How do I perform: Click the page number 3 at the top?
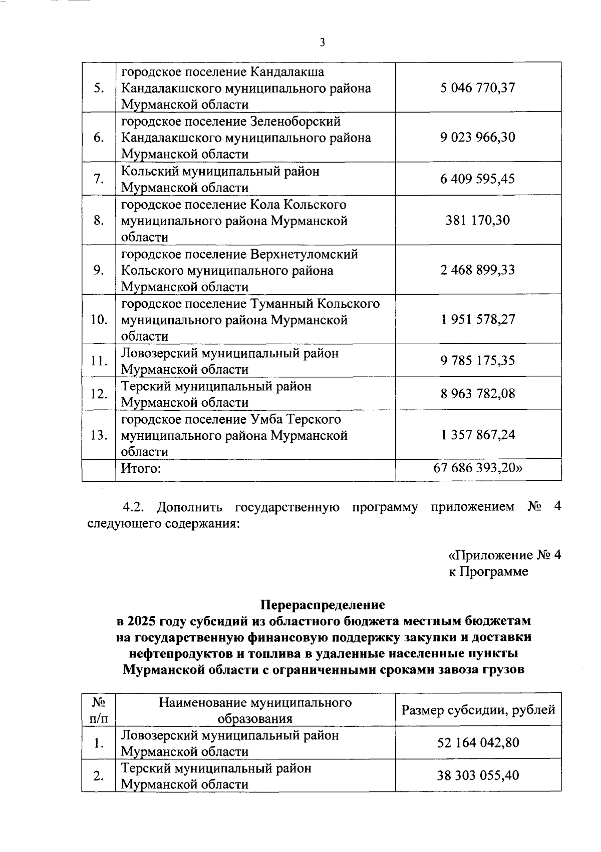pyautogui.click(x=322, y=43)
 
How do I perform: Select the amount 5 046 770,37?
pyautogui.click(x=478, y=88)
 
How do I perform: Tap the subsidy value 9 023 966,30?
pyautogui.click(x=478, y=137)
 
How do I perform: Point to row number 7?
pyautogui.click(x=99, y=179)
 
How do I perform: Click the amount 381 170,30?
pyautogui.click(x=478, y=220)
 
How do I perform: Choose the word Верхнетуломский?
pyautogui.click(x=303, y=254)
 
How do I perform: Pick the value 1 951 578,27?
pyautogui.click(x=478, y=319)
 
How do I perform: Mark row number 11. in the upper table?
pyautogui.click(x=99, y=361)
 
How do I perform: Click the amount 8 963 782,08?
pyautogui.click(x=478, y=394)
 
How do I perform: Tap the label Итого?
pyautogui.click(x=141, y=469)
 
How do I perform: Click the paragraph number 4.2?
pyautogui.click(x=134, y=507)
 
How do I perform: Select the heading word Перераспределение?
pyautogui.click(x=323, y=605)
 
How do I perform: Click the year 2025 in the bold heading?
pyautogui.click(x=142, y=621)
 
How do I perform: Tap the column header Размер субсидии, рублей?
pyautogui.click(x=478, y=709)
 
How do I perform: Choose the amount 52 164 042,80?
pyautogui.click(x=478, y=743)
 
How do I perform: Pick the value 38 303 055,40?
pyautogui.click(x=478, y=775)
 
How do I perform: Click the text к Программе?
pyautogui.click(x=488, y=571)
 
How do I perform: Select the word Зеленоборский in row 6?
pyautogui.click(x=294, y=122)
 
